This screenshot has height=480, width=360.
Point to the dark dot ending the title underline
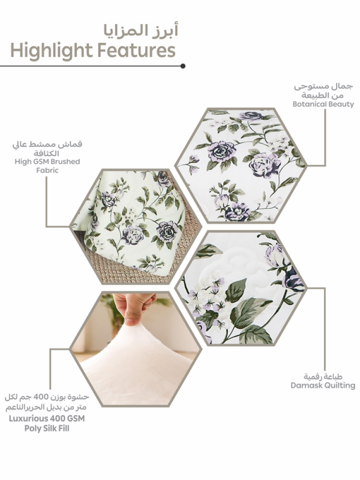point(183,66)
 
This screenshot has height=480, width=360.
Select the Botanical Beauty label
point(323,104)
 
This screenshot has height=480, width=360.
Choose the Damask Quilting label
point(323,385)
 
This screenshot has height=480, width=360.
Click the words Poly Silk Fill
point(47,428)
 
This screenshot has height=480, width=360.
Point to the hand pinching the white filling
point(133,307)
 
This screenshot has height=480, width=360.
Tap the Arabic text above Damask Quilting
point(323,376)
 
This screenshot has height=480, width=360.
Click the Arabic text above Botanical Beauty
point(323,91)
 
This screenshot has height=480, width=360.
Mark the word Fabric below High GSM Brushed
point(47,170)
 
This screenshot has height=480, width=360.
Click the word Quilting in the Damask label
point(340,385)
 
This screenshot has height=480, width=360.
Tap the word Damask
point(306,385)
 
